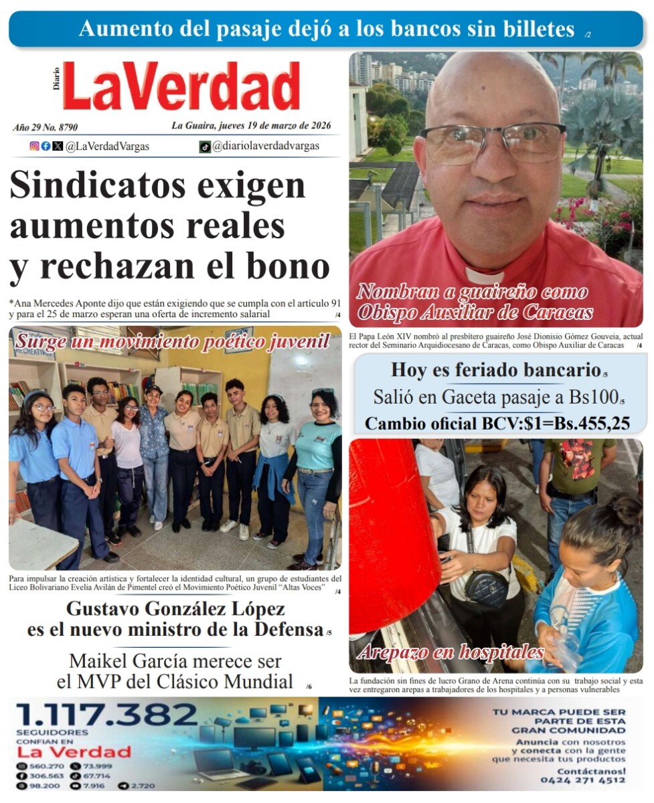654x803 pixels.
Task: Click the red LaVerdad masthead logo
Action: [x=181, y=86]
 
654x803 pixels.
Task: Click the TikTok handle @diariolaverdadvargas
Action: [x=266, y=146]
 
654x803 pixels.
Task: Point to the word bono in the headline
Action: [x=288, y=266]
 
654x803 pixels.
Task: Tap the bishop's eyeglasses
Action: [x=493, y=141]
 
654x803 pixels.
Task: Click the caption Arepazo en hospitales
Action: [x=451, y=651]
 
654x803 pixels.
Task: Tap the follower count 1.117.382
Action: [x=107, y=715]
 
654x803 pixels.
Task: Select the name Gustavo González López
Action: [x=175, y=610]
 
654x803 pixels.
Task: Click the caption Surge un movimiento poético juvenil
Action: [x=173, y=341]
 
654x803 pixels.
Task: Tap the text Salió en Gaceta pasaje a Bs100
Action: [x=495, y=397]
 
